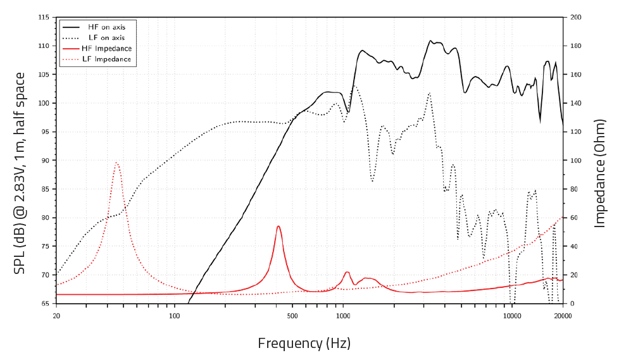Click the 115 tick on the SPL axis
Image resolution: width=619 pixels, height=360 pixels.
(44, 17)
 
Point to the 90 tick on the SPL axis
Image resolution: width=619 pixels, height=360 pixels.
(45, 161)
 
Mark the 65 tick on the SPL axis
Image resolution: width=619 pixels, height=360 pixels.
(45, 304)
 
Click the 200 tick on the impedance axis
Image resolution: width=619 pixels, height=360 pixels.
(576, 17)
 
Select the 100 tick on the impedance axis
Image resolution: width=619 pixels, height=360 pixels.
(576, 161)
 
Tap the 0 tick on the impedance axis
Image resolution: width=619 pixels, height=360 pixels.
(572, 304)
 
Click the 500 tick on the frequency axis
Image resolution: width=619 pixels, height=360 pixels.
(292, 316)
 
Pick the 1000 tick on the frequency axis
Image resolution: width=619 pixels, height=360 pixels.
(343, 316)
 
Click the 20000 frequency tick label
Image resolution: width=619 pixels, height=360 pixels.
(563, 316)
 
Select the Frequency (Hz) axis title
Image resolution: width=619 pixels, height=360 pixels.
(304, 344)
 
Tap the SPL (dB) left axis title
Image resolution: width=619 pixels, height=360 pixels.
(20, 173)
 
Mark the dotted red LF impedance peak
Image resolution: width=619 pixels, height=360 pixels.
(116, 162)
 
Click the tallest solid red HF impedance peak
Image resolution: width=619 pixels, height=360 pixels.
(278, 226)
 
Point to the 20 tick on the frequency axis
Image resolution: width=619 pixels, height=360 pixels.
(56, 316)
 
